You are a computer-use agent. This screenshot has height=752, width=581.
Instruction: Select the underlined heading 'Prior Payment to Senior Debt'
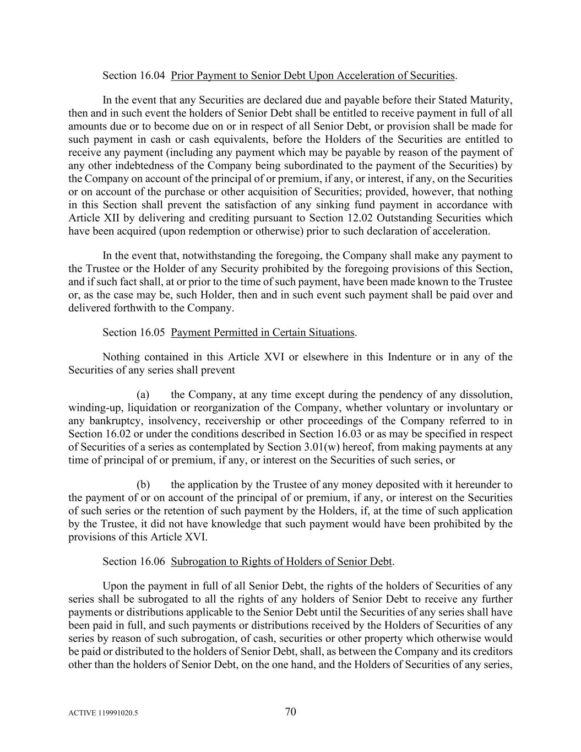tap(313, 75)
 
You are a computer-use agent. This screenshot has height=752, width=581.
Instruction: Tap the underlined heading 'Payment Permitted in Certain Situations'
tap(263, 332)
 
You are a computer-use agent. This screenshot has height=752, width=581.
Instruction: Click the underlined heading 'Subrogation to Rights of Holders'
tap(281, 561)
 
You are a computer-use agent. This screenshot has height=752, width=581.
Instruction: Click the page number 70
tap(291, 711)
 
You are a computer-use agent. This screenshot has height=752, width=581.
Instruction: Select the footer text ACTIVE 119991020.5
tap(103, 713)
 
